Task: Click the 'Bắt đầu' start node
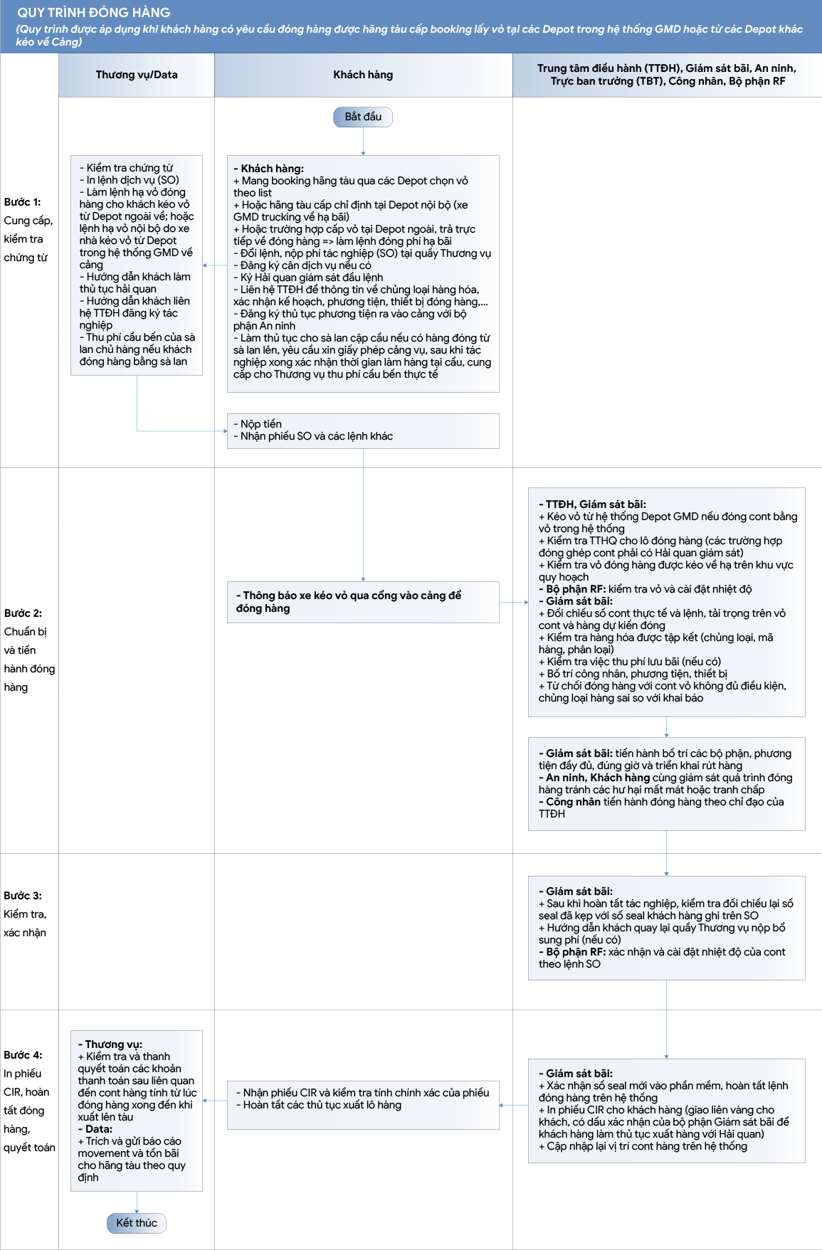pos(363,117)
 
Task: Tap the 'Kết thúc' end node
pos(137,1223)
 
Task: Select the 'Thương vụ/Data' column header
pos(137,75)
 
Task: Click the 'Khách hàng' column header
pos(363,75)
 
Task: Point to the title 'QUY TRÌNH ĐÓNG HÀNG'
pos(94,13)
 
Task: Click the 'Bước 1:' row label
pos(22,202)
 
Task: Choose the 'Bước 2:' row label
pos(23,613)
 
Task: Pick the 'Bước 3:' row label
pos(23,896)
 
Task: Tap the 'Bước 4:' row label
pos(23,1055)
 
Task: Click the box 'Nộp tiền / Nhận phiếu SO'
pos(363,431)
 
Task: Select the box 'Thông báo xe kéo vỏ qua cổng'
pos(363,602)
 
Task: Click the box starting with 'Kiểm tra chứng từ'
pos(137,265)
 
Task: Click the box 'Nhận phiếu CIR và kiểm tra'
pos(363,1105)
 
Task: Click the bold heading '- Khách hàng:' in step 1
pos(269,169)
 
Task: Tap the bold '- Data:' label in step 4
pos(95,1129)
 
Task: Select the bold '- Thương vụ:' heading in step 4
pos(110,1044)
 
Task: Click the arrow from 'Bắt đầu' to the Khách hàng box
pos(363,142)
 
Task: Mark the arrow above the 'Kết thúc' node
pos(137,1202)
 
